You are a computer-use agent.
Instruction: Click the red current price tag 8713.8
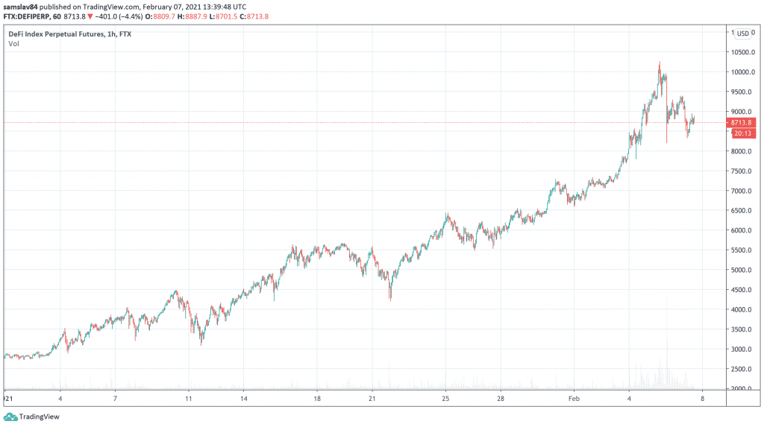[742, 122]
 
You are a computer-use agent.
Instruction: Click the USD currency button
[742, 34]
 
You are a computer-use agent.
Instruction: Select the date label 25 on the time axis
[445, 399]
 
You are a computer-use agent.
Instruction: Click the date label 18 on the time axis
[317, 399]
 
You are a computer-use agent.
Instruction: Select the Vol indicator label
[13, 44]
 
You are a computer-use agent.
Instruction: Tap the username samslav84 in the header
[22, 7]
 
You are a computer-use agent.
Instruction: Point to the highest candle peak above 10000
[660, 63]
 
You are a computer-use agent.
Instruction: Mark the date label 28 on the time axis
[508, 399]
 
